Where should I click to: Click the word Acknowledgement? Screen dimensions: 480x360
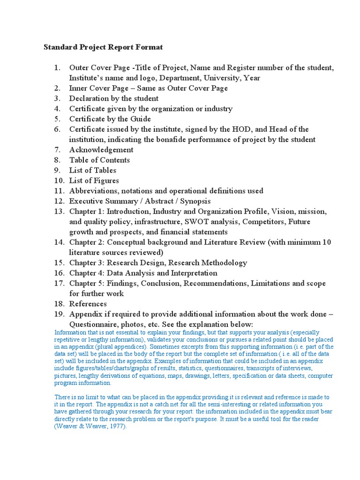tap(101, 150)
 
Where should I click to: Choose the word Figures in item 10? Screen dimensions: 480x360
tap(106, 180)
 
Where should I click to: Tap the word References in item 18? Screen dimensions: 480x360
tap(88, 304)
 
